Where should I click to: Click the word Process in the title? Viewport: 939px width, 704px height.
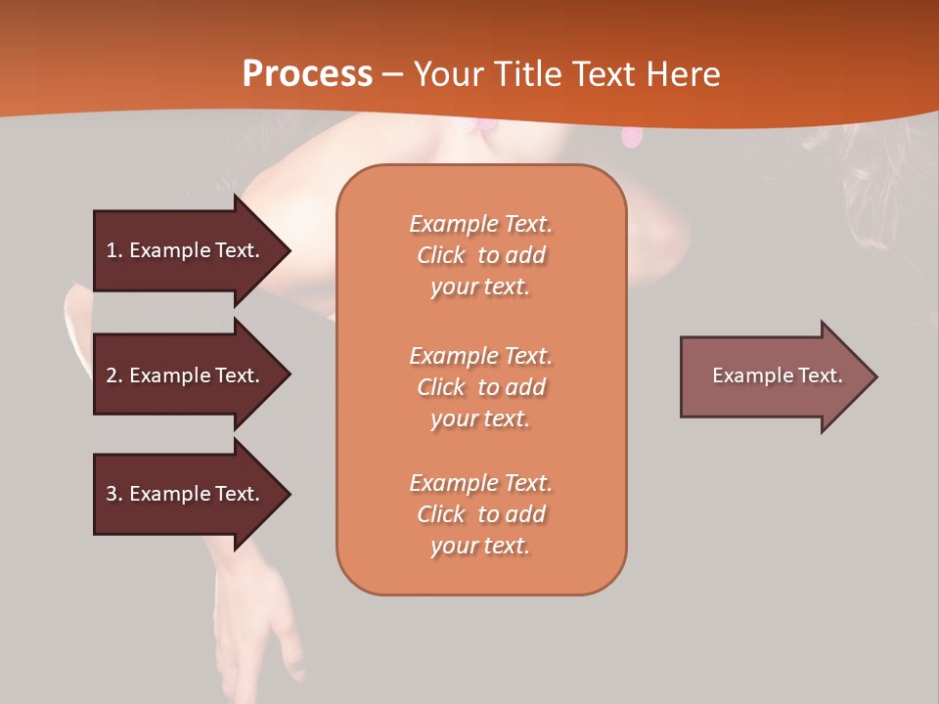pos(307,74)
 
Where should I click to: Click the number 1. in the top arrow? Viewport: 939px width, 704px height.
pos(113,250)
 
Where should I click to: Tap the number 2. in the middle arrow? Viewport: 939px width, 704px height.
pos(113,375)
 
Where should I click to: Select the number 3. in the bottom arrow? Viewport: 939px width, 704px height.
pos(113,494)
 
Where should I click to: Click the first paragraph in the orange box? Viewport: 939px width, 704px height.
pos(480,255)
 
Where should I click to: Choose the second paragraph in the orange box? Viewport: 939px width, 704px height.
pos(480,387)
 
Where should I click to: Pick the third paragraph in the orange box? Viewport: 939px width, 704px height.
pos(480,514)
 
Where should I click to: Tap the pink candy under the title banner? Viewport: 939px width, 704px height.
pos(633,137)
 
